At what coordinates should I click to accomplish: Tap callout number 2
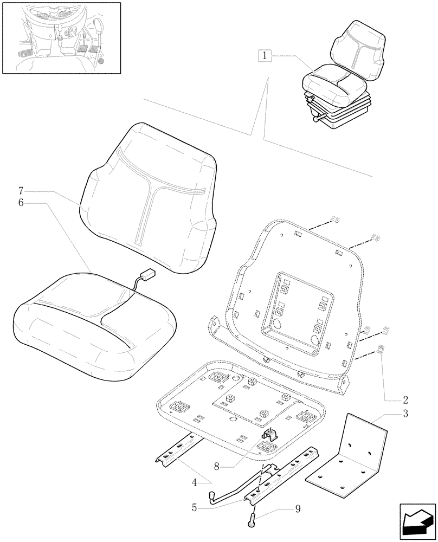pos(405,401)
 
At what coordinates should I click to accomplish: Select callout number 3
pos(405,415)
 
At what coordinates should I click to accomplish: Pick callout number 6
pos(21,202)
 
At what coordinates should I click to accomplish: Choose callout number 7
pos(21,190)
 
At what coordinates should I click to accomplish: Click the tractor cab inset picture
pos(61,37)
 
